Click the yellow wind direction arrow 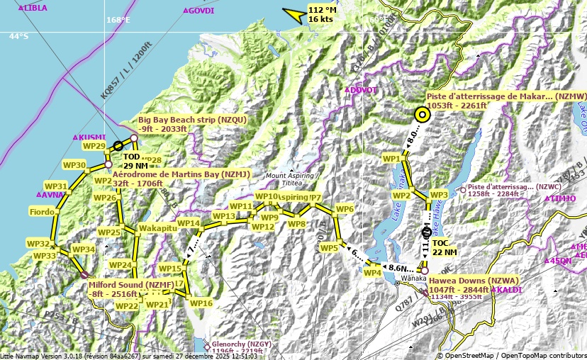[x=293, y=14]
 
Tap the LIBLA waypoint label [x=35, y=8]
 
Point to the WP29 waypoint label [x=94, y=146]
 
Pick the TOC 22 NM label [x=445, y=247]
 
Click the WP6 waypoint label [x=345, y=209]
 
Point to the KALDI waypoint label [x=510, y=291]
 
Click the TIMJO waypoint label [x=563, y=198]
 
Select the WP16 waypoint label [x=201, y=303]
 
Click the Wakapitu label [x=157, y=229]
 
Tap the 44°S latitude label [x=18, y=36]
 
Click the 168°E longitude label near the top [x=118, y=20]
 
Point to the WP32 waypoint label [x=38, y=244]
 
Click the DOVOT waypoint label [x=364, y=90]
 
